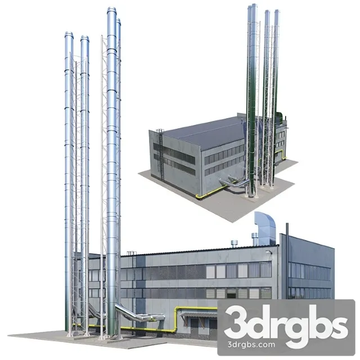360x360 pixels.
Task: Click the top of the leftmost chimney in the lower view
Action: click(x=69, y=34)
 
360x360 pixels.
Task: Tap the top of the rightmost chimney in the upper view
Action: click(x=276, y=12)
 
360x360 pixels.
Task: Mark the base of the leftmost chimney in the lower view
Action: click(x=69, y=332)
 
